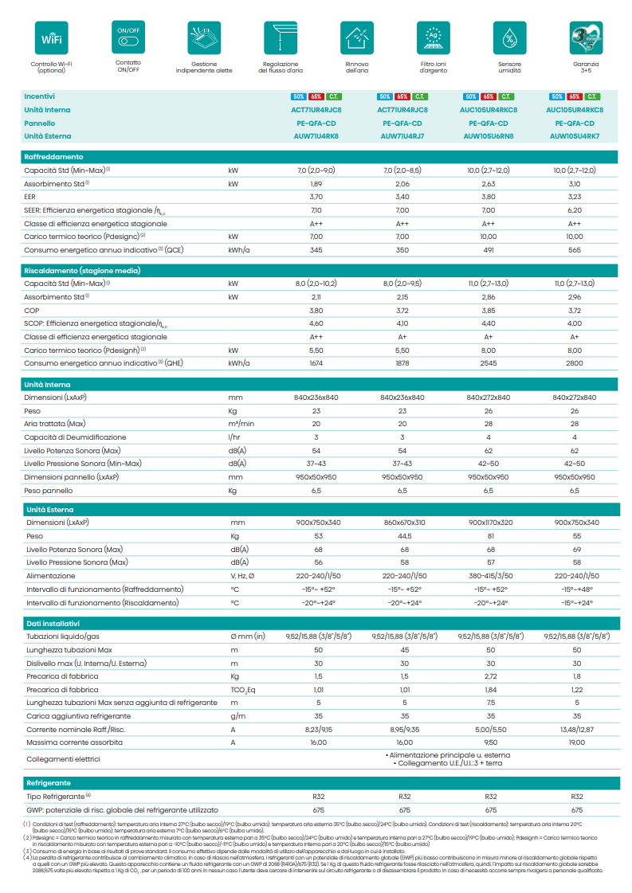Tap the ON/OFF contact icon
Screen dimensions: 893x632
(128, 37)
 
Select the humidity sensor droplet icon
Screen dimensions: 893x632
(509, 37)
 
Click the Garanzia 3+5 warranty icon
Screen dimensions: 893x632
(586, 37)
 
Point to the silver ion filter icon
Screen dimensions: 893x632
(433, 37)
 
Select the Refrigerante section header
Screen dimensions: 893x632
(49, 783)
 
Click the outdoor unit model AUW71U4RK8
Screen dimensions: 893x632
(316, 136)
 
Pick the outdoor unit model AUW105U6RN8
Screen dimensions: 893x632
(489, 136)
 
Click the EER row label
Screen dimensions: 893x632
(31, 196)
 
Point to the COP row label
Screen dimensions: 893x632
(32, 310)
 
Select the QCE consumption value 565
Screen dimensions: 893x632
(575, 250)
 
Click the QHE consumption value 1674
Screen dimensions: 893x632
(316, 363)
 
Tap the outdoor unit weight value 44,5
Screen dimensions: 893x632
(402, 536)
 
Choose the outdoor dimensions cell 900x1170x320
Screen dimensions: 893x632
(489, 523)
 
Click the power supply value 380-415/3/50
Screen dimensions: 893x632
(489, 576)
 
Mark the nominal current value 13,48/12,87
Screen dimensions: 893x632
(575, 729)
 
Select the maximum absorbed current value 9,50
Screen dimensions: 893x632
(489, 742)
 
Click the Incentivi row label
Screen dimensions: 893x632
(40, 96)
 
